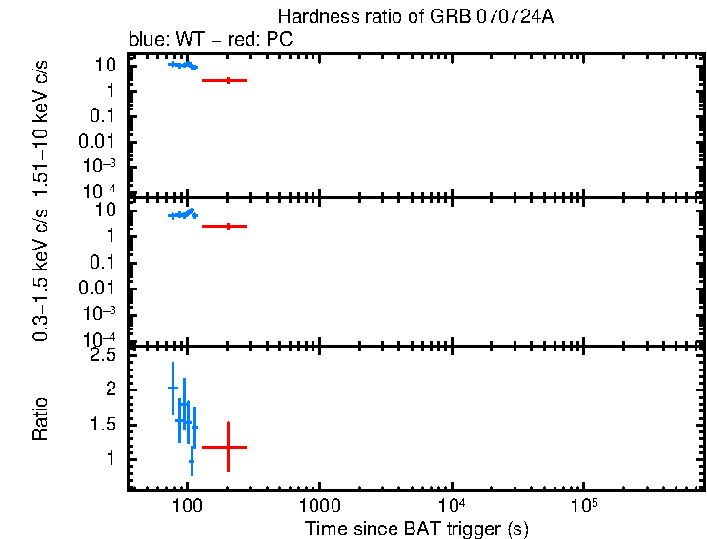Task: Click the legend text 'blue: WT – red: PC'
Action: tap(210, 40)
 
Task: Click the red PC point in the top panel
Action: tap(228, 80)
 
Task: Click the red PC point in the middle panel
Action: tap(228, 226)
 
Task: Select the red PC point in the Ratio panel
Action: tap(228, 447)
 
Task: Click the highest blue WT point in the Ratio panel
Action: tap(172, 388)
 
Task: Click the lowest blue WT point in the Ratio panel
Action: tap(192, 461)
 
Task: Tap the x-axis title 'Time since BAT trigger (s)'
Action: tap(416, 528)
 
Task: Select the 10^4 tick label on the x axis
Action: tap(451, 504)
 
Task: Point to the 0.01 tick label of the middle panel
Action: tap(100, 288)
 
